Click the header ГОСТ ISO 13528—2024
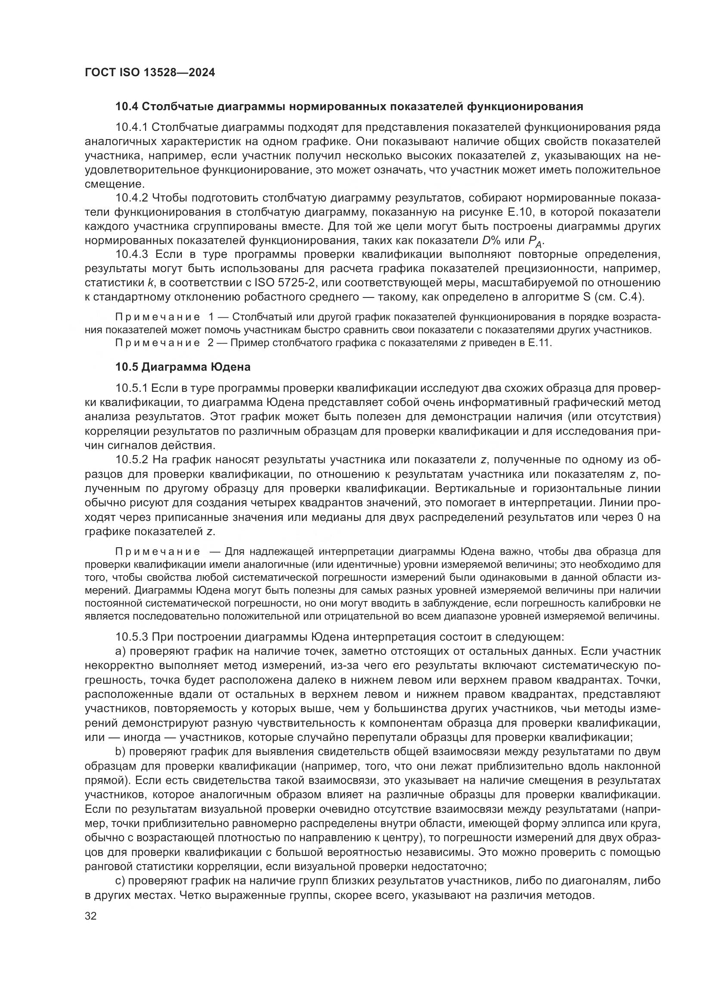click(149, 73)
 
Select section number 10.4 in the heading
click(126, 107)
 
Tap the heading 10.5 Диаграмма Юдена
click(183, 367)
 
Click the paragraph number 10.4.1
click(132, 127)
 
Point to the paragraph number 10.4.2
click(132, 198)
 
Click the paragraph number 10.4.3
click(132, 254)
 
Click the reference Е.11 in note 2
click(541, 343)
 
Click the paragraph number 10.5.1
click(132, 388)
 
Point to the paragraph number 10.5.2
click(132, 460)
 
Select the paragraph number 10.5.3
click(132, 636)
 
